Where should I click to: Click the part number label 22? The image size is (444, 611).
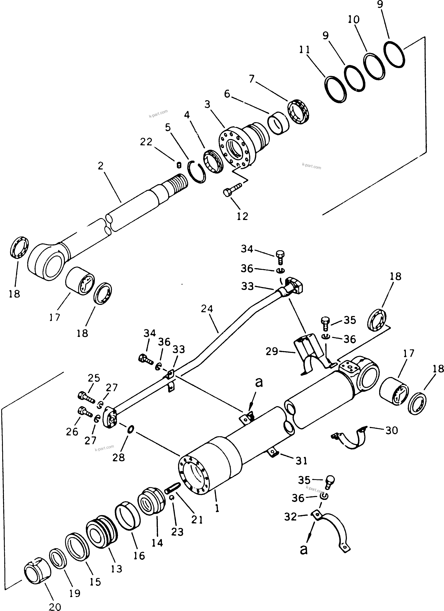click(x=146, y=142)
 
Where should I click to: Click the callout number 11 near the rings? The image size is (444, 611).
click(x=304, y=50)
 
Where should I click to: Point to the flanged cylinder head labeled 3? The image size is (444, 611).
click(x=243, y=147)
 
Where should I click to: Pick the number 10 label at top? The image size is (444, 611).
click(x=354, y=20)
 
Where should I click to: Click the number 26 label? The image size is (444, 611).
click(x=72, y=431)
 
